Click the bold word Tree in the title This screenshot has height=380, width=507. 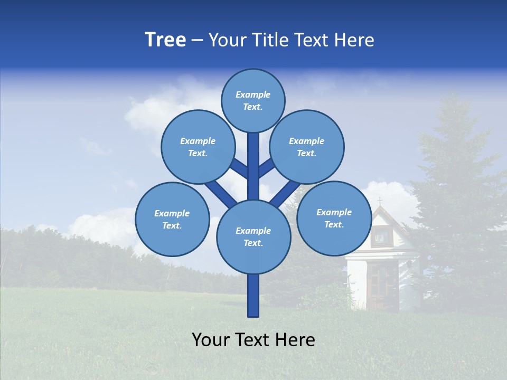point(165,40)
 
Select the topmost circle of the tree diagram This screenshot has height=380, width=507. point(253,100)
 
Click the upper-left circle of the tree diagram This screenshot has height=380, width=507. point(198,147)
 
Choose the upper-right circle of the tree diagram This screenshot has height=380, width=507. point(306,147)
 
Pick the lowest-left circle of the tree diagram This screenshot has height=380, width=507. point(172,219)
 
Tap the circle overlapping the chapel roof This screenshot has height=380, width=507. point(334,218)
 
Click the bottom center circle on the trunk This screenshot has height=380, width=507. point(253,236)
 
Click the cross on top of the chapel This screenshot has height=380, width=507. point(379,201)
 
